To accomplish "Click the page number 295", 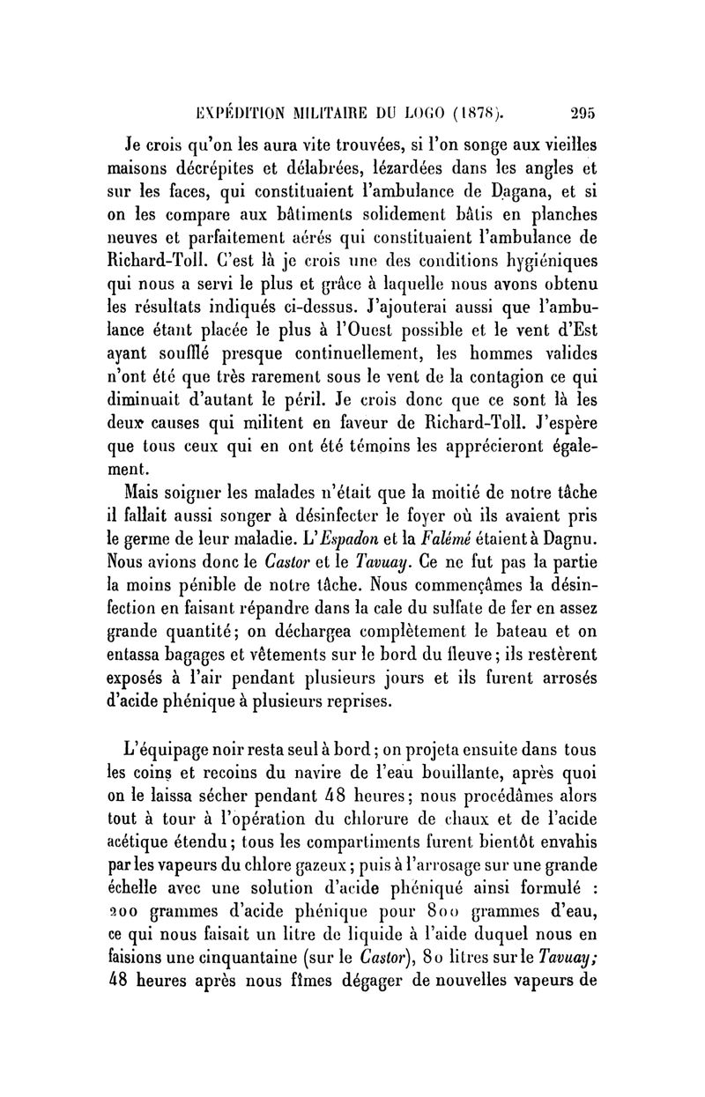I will click(x=583, y=113).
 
